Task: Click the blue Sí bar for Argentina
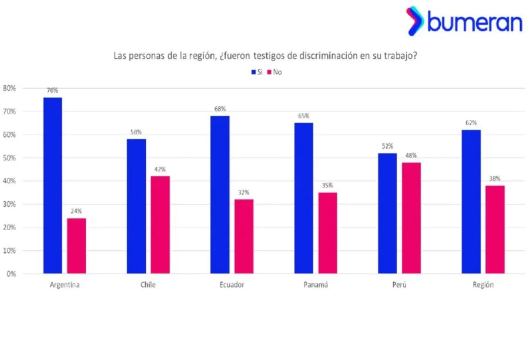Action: (52, 185)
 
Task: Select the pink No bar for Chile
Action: (160, 224)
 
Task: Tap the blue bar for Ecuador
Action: (220, 194)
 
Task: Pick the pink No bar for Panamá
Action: (327, 233)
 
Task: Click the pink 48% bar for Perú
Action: (411, 218)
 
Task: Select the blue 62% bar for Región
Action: (471, 201)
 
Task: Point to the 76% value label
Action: (52, 90)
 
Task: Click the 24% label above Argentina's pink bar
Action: (76, 211)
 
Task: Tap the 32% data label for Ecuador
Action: (244, 192)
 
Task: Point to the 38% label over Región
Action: (495, 179)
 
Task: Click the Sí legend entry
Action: (257, 72)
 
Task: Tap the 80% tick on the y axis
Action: (9, 88)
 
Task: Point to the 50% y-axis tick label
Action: (9, 158)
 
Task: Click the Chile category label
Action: (148, 285)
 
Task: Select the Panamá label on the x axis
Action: (316, 285)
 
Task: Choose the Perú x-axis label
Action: (399, 285)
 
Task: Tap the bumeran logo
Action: (464, 21)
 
